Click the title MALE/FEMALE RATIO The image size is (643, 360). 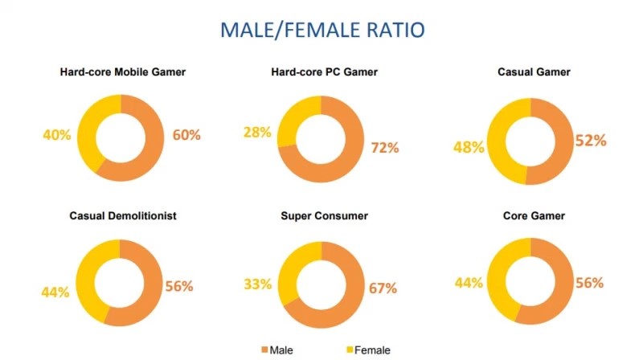(322, 31)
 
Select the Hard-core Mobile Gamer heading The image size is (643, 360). (123, 72)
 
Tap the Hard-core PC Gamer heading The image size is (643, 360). (324, 72)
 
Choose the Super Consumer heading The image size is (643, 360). (324, 215)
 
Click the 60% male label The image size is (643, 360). (186, 134)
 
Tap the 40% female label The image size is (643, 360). (57, 134)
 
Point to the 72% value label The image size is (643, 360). (383, 147)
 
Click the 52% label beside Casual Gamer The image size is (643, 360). (589, 141)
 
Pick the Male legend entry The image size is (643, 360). (281, 350)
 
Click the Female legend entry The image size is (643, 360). (369, 350)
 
